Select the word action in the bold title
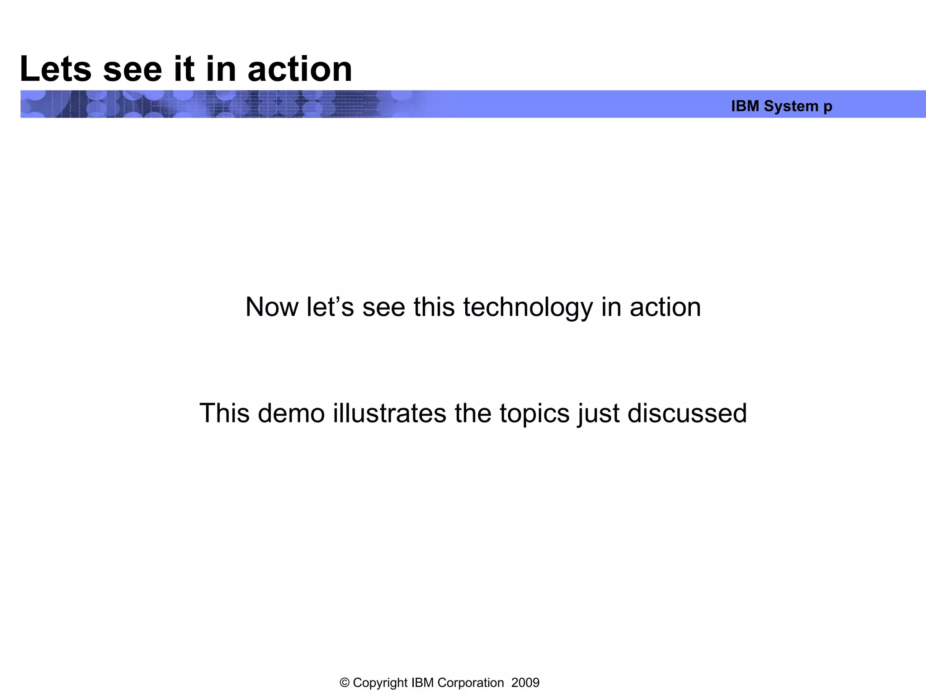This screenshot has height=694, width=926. click(x=300, y=69)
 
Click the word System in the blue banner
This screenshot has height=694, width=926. click(x=791, y=106)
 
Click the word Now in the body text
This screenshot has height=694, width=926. click(x=272, y=307)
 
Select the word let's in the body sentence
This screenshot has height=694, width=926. click(x=330, y=307)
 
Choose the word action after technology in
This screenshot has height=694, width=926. click(x=665, y=307)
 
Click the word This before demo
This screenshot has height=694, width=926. click(x=224, y=413)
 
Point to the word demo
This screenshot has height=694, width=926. click(x=291, y=413)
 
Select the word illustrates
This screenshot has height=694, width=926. click(x=389, y=413)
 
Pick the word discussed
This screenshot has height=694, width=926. click(x=687, y=413)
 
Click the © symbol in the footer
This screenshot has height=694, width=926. click(x=345, y=683)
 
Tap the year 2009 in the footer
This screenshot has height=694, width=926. click(x=525, y=683)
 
